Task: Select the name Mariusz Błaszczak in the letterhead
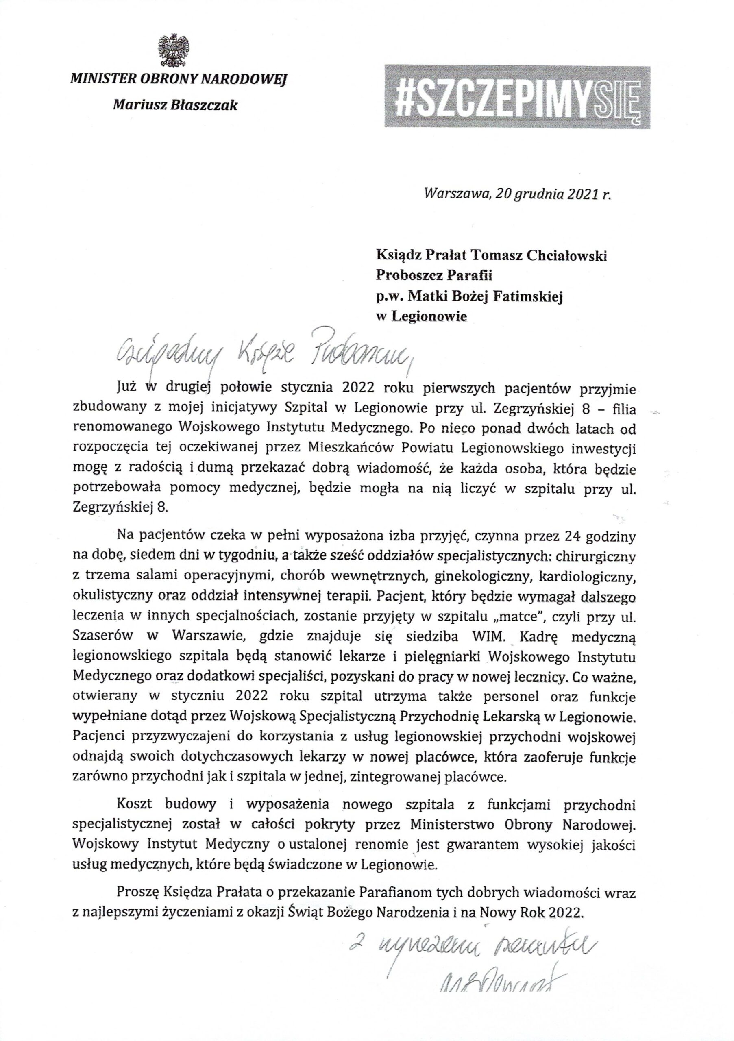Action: click(175, 105)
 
